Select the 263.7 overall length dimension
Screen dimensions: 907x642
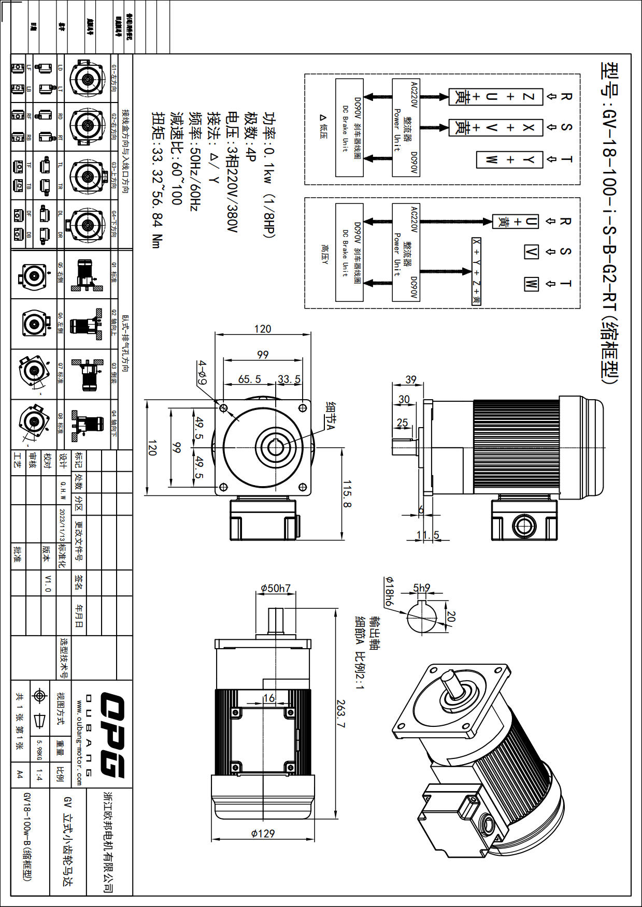click(x=340, y=713)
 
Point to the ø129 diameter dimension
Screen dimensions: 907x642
click(x=263, y=833)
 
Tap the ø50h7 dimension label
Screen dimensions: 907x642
click(x=275, y=588)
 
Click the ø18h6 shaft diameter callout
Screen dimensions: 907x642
click(x=389, y=591)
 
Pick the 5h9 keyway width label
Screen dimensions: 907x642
click(x=421, y=588)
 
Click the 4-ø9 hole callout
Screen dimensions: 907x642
click(x=202, y=373)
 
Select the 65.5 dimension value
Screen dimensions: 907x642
click(x=249, y=379)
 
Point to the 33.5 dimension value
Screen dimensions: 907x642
click(x=289, y=379)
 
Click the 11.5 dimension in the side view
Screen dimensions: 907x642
click(x=427, y=535)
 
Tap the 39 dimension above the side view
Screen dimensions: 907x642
click(x=410, y=379)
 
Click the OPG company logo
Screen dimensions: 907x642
click(x=112, y=735)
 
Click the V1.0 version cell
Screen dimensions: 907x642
click(x=48, y=583)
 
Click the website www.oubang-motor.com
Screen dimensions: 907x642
click(x=79, y=743)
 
